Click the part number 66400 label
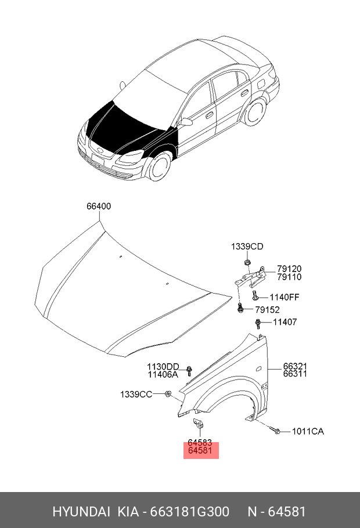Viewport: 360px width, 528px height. (x=99, y=206)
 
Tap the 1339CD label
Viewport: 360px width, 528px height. (x=247, y=247)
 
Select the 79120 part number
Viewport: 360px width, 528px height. (x=289, y=269)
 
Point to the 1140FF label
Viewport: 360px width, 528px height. (x=284, y=298)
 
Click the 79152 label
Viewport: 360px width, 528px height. (x=268, y=310)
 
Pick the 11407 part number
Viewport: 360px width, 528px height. (x=285, y=322)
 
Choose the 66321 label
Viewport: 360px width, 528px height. (x=295, y=366)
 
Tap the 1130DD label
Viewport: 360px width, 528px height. (x=163, y=366)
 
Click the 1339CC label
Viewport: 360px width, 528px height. (x=136, y=395)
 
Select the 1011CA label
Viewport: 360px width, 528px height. (x=307, y=431)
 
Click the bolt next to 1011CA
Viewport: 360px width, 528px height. (x=277, y=431)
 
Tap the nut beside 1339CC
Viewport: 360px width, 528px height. (x=168, y=395)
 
